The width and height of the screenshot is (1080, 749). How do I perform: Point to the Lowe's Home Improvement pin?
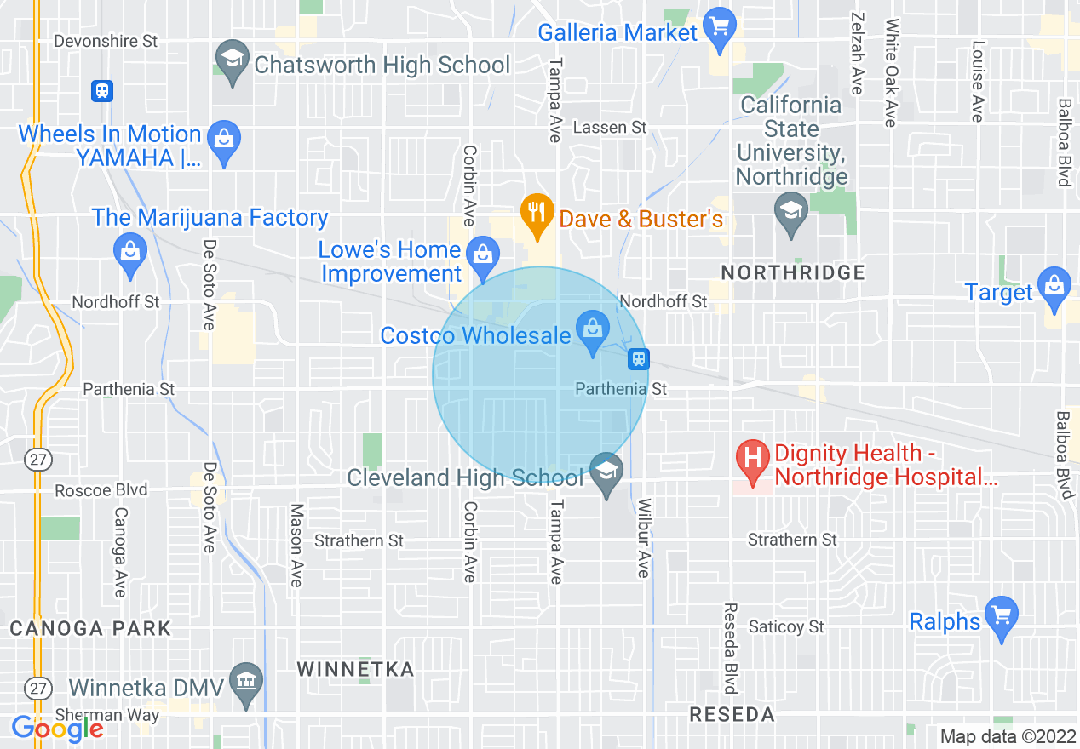483,256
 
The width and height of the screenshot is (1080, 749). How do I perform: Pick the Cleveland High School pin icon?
607,473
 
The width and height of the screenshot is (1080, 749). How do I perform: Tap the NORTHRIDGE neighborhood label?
792,273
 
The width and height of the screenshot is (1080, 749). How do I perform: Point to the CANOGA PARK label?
90,629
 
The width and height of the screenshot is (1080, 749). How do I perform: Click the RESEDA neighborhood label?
732,714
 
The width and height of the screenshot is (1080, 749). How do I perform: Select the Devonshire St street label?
106,41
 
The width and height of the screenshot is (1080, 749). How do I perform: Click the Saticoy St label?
786,626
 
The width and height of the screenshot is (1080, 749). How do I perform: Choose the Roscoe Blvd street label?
101,490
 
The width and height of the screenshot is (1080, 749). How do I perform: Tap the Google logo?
57,728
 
